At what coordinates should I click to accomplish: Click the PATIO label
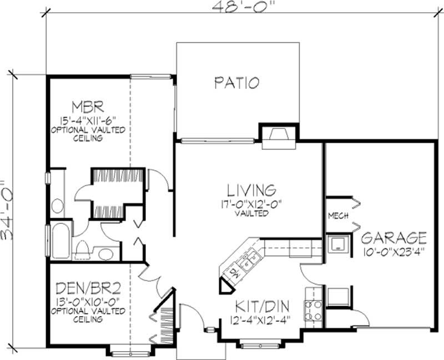point(237,83)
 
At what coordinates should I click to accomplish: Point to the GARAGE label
point(394,238)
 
